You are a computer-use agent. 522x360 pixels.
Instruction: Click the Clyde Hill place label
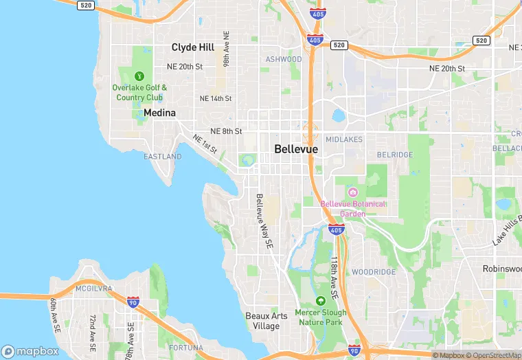tap(193, 47)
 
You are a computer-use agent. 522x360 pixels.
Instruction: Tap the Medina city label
tap(159, 113)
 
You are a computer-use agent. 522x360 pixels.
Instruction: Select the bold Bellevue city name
tap(297, 148)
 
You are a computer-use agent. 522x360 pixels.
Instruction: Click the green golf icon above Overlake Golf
tap(140, 76)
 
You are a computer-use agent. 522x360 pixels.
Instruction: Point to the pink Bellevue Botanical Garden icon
tap(353, 192)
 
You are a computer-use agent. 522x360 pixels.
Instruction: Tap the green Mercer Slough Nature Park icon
tap(320, 301)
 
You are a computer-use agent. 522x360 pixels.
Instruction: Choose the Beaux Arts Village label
tap(262, 321)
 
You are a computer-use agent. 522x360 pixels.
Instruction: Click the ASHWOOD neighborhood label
tap(284, 60)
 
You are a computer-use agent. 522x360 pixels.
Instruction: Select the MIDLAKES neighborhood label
tap(343, 139)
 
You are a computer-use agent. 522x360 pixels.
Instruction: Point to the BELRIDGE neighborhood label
tap(396, 155)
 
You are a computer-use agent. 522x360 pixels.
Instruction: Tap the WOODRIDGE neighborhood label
tap(374, 272)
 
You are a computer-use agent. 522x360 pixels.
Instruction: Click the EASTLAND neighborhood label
tap(163, 157)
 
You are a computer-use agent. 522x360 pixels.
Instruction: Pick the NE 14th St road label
tap(216, 99)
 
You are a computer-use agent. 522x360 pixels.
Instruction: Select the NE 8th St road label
tap(226, 131)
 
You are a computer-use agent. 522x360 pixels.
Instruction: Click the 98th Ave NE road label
tap(226, 48)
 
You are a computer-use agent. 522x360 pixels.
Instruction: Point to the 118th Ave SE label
tap(334, 278)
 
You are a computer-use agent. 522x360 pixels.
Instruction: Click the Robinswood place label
tap(501, 269)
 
